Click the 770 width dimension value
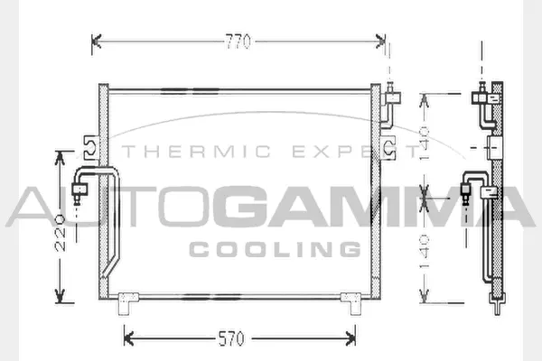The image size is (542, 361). point(238,41)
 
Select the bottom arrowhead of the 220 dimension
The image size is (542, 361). point(61,297)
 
